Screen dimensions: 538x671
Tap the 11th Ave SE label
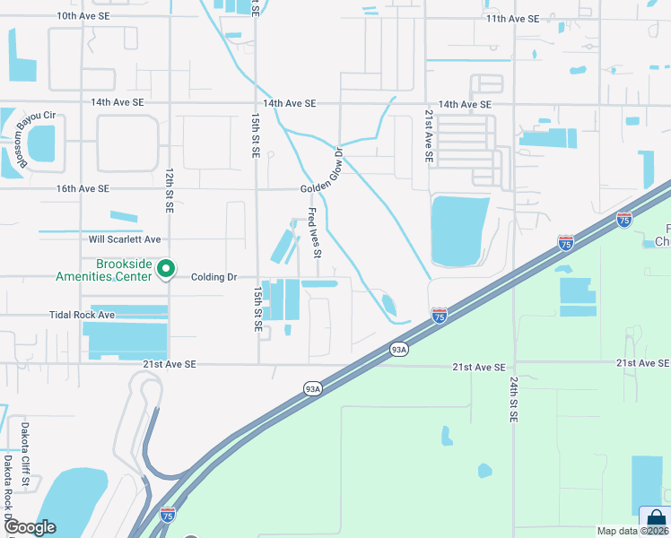[512, 19]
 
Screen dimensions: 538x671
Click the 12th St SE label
[169, 189]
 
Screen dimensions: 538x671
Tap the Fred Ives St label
[314, 232]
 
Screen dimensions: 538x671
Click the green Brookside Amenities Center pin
[166, 268]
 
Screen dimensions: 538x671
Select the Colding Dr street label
[213, 277]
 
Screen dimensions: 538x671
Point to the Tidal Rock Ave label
[83, 316]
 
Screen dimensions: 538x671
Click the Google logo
[29, 527]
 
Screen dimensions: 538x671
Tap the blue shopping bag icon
[657, 520]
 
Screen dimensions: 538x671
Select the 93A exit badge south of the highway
[312, 388]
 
